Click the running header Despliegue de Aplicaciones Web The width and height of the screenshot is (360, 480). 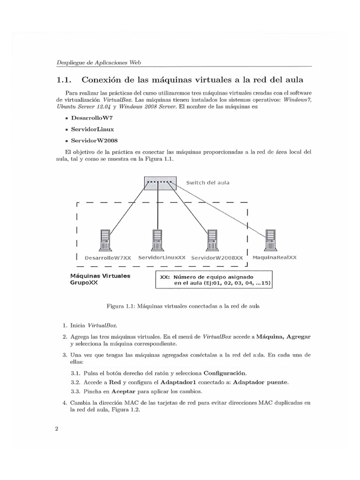(99, 62)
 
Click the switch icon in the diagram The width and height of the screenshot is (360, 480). (160, 182)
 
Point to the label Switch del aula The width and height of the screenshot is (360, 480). (208, 182)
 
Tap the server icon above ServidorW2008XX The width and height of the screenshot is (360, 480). (213, 240)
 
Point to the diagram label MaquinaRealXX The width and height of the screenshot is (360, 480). (274, 258)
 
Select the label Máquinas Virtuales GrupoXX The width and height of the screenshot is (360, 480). (100, 280)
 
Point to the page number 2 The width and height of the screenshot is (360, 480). (56, 432)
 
